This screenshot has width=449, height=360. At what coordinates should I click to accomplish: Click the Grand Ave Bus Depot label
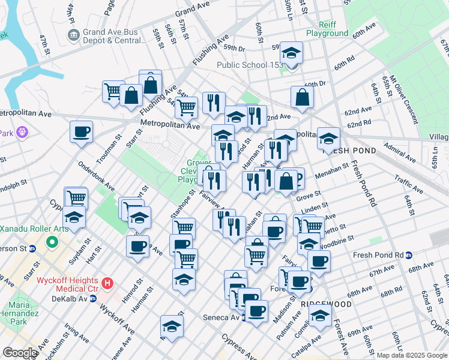coord(114,35)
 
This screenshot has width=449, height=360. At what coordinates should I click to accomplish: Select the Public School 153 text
coord(249,65)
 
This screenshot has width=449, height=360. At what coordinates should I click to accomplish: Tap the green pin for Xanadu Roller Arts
coord(52,244)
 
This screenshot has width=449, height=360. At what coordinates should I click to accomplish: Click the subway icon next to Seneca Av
coord(244,317)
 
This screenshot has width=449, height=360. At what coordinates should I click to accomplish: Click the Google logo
coord(20,353)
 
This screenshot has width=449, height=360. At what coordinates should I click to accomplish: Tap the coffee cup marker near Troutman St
coord(81,132)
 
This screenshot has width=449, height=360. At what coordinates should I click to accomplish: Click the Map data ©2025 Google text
coord(412,355)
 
